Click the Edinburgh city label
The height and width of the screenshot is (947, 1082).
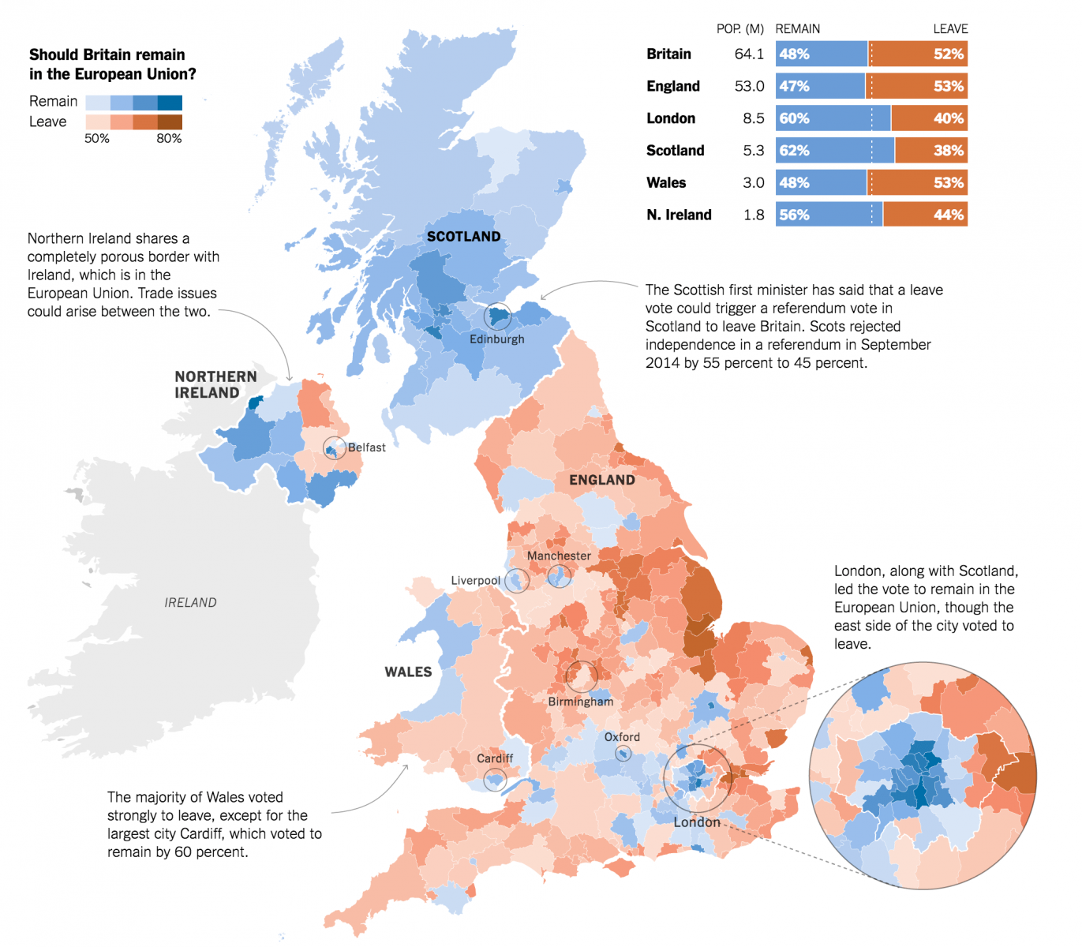[496, 339]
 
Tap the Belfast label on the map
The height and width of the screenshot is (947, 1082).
[367, 447]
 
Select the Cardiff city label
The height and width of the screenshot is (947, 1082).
[495, 758]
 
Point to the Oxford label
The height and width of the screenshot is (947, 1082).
[622, 737]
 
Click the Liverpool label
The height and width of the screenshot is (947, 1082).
[475, 581]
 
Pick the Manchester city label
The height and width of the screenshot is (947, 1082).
[559, 556]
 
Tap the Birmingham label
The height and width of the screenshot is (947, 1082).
[580, 702]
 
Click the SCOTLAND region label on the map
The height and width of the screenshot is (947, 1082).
[463, 237]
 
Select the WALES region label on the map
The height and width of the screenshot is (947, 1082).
[408, 672]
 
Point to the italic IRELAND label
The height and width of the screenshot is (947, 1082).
[190, 603]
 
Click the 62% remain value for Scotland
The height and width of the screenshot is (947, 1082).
[794, 151]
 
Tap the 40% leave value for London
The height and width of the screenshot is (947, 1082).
[948, 118]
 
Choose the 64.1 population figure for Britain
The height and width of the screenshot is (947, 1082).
[749, 54]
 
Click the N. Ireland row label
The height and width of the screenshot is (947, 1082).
[679, 215]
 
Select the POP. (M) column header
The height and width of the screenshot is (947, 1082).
[739, 29]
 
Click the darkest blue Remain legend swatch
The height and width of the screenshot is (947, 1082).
[170, 103]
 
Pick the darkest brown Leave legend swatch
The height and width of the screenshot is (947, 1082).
[170, 122]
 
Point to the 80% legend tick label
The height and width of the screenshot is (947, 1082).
[169, 139]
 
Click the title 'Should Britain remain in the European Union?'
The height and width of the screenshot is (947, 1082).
[112, 65]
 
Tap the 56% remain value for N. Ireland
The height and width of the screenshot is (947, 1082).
[794, 215]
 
